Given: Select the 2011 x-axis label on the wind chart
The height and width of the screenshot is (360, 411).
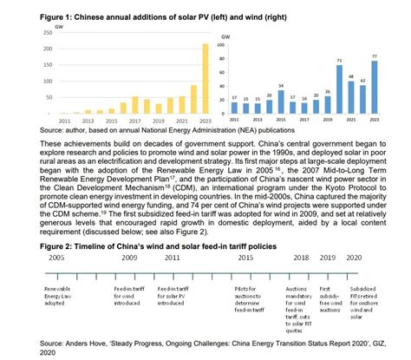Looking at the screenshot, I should click(235, 120).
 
